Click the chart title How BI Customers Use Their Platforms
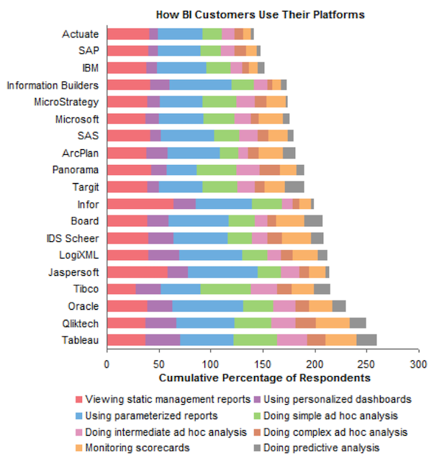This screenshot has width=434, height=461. (x=261, y=14)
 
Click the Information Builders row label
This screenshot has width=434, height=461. (x=53, y=84)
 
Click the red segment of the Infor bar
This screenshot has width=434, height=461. (x=140, y=204)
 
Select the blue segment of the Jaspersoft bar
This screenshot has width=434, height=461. (x=222, y=272)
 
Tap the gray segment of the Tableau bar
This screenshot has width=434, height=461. (x=366, y=340)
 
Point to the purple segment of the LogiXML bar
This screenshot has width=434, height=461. (x=163, y=255)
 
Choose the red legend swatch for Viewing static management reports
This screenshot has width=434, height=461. (x=78, y=398)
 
